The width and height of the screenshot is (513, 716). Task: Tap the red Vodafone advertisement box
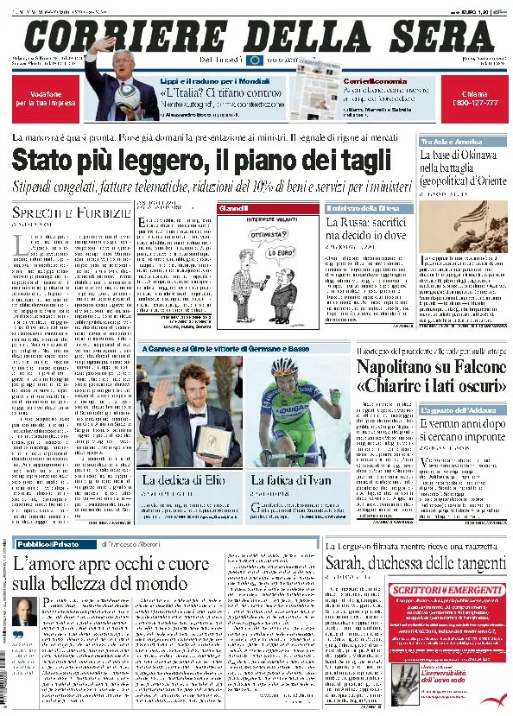(46, 96)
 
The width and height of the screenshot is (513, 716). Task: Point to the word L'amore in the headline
(52, 564)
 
